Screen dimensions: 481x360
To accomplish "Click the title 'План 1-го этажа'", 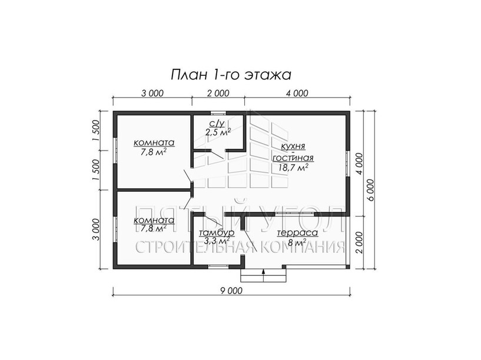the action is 231,75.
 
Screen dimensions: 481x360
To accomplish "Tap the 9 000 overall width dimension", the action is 231,291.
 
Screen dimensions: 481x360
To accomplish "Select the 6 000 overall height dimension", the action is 370,189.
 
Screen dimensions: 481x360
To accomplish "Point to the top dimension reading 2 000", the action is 218,93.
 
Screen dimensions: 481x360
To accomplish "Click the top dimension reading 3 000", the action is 152,93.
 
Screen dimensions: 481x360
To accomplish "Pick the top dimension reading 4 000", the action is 297,93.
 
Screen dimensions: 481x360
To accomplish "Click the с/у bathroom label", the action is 217,123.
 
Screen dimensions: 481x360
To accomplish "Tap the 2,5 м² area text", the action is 218,132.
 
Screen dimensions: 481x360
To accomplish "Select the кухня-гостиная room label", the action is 293,152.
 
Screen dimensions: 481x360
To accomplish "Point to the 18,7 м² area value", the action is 293,168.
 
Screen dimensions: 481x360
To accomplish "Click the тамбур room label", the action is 217,232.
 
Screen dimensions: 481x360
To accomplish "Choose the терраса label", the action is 297,233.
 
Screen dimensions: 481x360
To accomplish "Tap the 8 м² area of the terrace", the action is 297,243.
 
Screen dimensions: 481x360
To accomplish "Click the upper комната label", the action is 154,142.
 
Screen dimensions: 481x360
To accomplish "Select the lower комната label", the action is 154,220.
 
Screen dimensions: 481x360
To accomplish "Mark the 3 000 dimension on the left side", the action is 97,229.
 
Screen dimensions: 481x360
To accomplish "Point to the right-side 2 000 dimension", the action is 360,243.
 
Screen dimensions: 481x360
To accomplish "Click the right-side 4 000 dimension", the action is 360,164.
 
